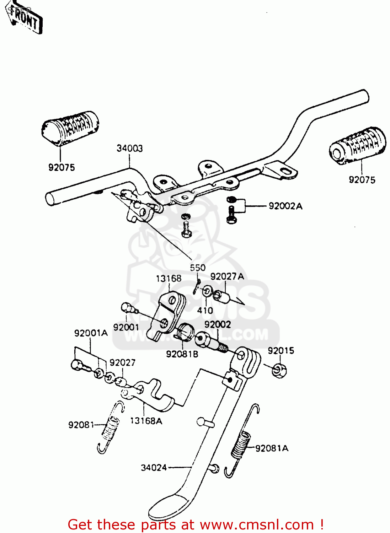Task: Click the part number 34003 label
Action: coord(129,149)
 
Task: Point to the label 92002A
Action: coord(285,206)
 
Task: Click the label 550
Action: coord(197,268)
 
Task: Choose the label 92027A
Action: coord(227,276)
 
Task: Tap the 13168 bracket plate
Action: coord(169,313)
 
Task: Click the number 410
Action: coord(205,310)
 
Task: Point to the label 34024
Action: coord(154,468)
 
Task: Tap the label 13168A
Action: coord(146,421)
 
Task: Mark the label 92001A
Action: coord(91,333)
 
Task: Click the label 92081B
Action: coord(182,354)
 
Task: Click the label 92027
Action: coord(122,362)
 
